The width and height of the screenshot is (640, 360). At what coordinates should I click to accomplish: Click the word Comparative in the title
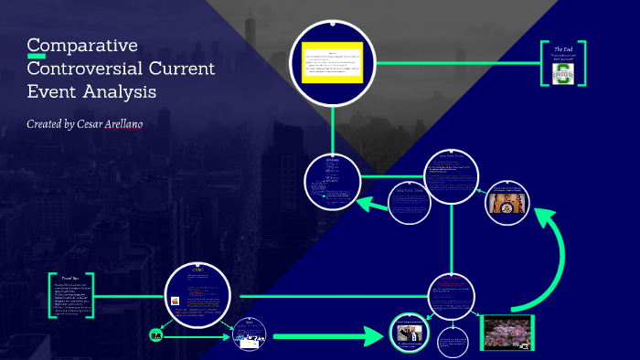click(x=82, y=46)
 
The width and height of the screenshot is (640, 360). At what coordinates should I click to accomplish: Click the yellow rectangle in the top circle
click(x=333, y=62)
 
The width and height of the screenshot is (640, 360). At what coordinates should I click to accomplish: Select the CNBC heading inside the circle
click(x=197, y=270)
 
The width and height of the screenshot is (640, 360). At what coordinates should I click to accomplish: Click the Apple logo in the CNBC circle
click(x=174, y=299)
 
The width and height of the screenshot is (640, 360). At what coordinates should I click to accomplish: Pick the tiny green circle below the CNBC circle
click(x=155, y=335)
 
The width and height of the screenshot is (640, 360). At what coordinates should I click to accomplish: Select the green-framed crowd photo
click(x=507, y=332)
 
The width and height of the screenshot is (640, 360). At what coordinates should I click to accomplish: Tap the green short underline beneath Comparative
click(x=37, y=57)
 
